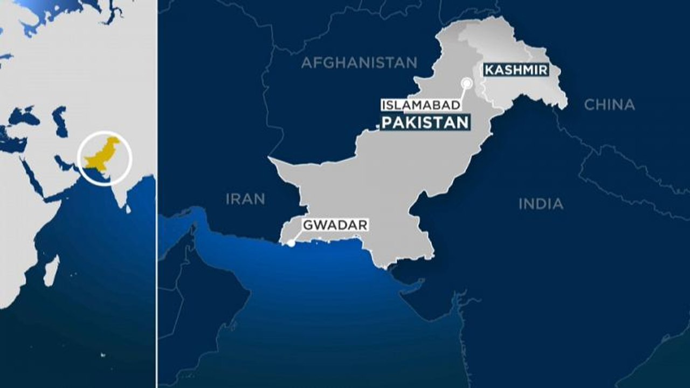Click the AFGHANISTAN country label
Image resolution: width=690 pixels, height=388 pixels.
coord(359,63)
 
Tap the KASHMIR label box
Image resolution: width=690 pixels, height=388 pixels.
coord(516,70)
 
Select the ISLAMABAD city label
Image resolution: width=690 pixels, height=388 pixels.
coord(421,105)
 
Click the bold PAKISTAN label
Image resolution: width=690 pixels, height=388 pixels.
coord(425,122)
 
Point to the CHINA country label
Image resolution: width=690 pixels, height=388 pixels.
coord(609,105)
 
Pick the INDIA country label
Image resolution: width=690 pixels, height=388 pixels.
coord(541,204)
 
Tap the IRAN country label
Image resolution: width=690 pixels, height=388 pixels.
coord(245,199)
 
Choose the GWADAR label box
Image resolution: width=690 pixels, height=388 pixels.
coord(335,225)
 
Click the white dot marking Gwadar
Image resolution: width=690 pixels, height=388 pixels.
coord(291,243)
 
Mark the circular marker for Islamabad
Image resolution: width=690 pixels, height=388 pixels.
coord(467,83)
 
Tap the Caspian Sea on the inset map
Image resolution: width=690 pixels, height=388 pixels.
coord(60,121)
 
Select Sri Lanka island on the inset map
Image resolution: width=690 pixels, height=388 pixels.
coord(129,208)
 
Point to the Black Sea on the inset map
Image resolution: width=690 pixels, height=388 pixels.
coord(24,115)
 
